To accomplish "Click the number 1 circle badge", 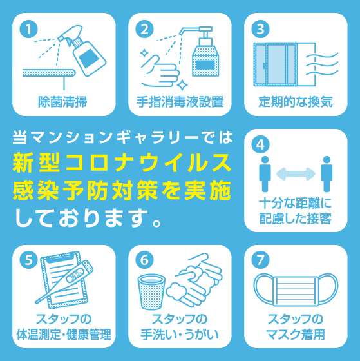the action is coord(28,29).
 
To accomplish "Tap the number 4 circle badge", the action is coord(260,145).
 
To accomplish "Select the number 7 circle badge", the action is coord(260,260).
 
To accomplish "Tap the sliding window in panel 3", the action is coord(276,64).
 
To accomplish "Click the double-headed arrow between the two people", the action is coord(296,174).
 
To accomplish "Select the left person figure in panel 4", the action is coord(265,174).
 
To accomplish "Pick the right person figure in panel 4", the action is coord(327,174).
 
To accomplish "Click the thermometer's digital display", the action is coord(75,275).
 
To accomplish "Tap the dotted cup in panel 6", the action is coord(151,291).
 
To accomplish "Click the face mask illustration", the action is coord(296,289).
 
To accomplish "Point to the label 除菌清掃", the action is coord(62,102).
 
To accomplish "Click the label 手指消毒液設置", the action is coord(180,102).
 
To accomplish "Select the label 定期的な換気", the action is coord(296,102).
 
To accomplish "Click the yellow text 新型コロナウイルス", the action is coord(122,163).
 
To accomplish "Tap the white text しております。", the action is coord(88,218).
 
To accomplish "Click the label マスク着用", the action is coord(296,335).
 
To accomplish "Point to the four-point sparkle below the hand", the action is coord(182,84).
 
